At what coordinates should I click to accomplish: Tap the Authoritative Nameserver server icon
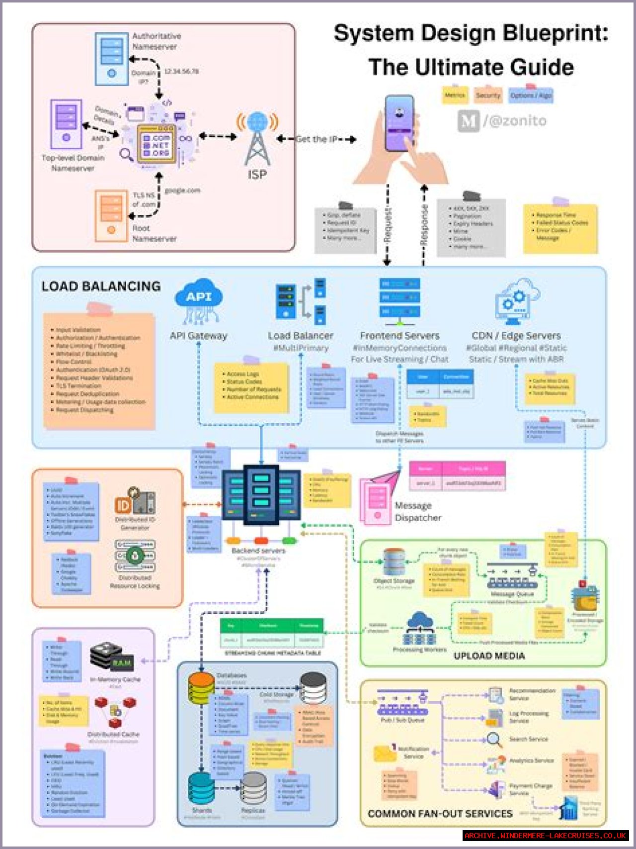point(111,58)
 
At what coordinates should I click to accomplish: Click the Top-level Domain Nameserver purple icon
point(66,124)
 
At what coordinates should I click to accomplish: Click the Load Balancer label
point(301,336)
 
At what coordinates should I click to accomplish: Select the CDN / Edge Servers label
point(516,336)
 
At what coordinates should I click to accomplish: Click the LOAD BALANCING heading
point(101,286)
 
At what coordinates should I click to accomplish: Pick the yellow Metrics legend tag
point(455,95)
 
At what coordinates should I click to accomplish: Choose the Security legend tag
point(488,95)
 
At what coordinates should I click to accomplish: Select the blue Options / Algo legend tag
point(531,95)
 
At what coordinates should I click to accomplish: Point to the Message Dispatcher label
point(418,512)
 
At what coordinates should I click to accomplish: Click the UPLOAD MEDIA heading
point(489,656)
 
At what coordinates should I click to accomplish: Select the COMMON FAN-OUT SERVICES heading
point(440,814)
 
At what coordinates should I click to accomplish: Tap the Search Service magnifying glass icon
point(494,740)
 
